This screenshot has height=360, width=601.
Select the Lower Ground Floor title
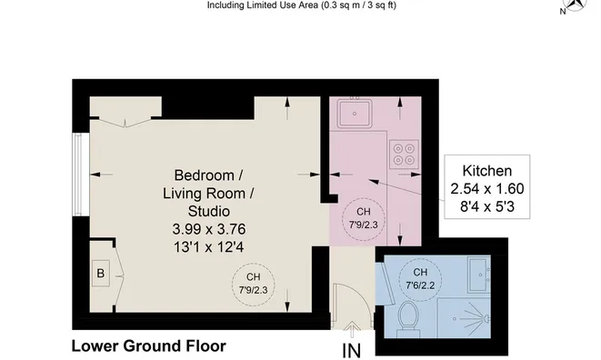(148, 346)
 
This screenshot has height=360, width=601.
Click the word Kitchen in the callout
(487, 171)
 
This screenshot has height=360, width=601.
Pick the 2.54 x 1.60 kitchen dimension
(487, 189)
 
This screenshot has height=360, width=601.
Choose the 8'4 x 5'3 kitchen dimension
(487, 207)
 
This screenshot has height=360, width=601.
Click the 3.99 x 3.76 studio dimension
(209, 228)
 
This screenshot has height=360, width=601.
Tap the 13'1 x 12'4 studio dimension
(209, 245)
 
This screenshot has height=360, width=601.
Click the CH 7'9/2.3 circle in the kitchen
(362, 218)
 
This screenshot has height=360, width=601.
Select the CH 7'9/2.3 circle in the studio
(251, 285)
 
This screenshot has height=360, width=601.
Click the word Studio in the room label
(209, 210)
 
